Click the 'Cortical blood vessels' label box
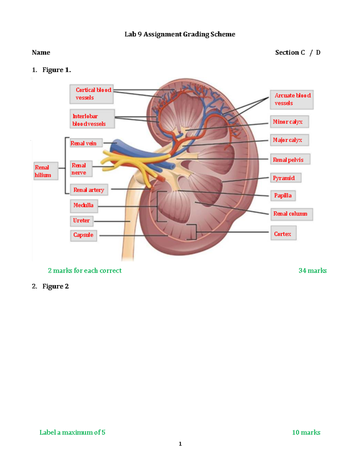click(x=91, y=94)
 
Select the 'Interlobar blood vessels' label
click(x=92, y=120)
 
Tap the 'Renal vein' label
click(x=86, y=143)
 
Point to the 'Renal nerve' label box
click(x=81, y=169)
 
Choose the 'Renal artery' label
click(x=89, y=190)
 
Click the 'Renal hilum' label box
click(x=46, y=171)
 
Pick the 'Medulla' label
click(x=83, y=205)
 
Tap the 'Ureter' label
click(x=82, y=221)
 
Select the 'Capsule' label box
click(x=83, y=235)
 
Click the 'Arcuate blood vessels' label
click(x=292, y=99)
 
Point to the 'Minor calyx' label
click(x=289, y=122)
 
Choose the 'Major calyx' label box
click(x=289, y=140)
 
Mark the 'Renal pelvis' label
click(x=290, y=160)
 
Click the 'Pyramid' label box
click(x=286, y=178)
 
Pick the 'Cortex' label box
click(x=283, y=234)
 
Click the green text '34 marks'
click(x=312, y=271)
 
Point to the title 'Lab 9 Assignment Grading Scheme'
click(x=180, y=34)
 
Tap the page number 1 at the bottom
click(x=180, y=444)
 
